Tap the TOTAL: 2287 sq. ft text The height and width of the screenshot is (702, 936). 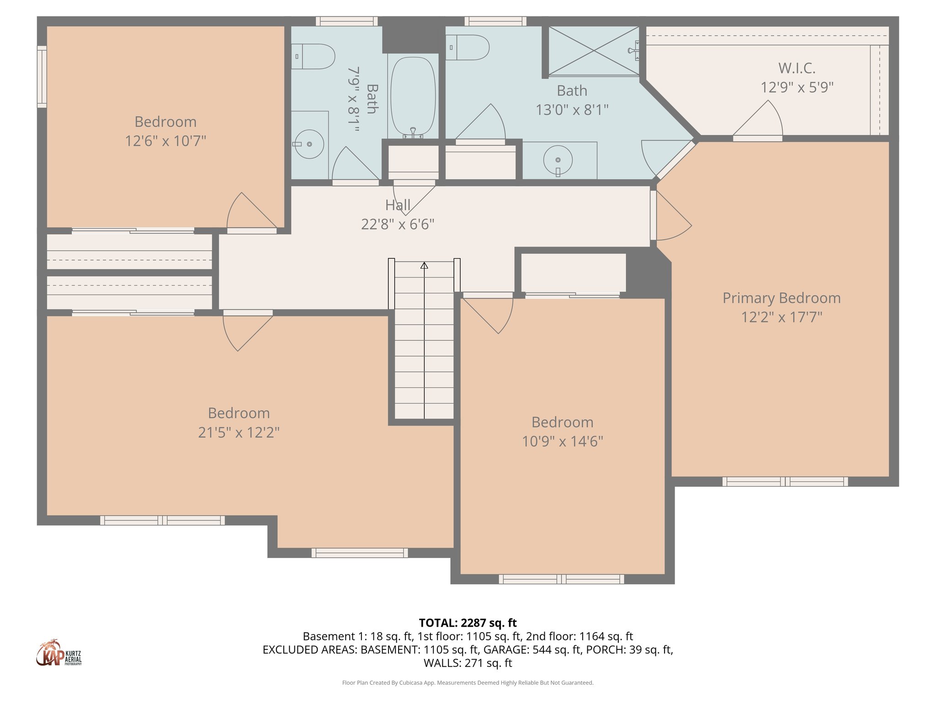click(468, 623)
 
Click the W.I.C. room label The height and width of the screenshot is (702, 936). click(797, 69)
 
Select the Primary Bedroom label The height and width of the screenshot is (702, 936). click(781, 298)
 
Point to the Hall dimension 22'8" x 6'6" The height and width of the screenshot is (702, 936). click(397, 224)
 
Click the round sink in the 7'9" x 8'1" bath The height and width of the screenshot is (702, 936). click(309, 144)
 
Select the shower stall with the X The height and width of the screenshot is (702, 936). click(593, 51)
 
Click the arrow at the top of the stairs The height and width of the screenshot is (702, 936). click(424, 265)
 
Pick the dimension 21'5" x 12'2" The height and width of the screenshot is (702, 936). click(239, 432)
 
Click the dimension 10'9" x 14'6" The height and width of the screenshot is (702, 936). click(562, 441)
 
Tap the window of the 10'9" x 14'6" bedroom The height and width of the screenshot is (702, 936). click(561, 579)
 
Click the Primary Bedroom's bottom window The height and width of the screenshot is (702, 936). click(785, 481)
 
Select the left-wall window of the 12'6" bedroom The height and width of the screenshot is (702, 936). click(42, 77)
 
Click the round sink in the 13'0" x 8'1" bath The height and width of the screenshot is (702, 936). click(558, 160)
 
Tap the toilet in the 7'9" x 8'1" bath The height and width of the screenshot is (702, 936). click(314, 57)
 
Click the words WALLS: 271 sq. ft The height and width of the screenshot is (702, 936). click(468, 663)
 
